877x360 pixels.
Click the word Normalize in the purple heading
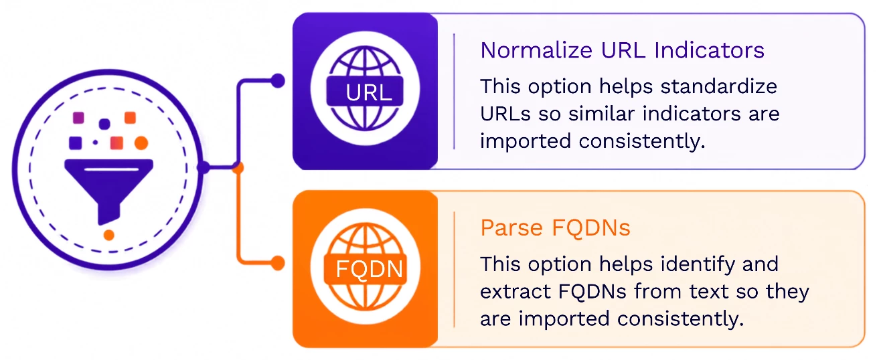pyautogui.click(x=536, y=50)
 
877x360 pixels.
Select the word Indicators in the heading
pyautogui.click(x=710, y=50)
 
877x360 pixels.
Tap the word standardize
pyautogui.click(x=719, y=86)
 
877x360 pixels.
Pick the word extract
pyautogui.click(x=515, y=292)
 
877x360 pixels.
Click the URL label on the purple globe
pyautogui.click(x=368, y=92)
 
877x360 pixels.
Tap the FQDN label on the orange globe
pyautogui.click(x=369, y=269)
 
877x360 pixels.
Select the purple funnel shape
pyautogui.click(x=108, y=191)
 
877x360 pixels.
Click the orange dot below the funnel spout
pyautogui.click(x=109, y=235)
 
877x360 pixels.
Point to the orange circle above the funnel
pyautogui.click(x=141, y=143)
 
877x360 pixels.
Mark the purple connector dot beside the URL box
pyautogui.click(x=278, y=81)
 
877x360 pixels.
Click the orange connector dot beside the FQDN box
pyautogui.click(x=278, y=263)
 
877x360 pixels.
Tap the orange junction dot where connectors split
pyautogui.click(x=238, y=168)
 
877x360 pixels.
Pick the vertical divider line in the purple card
pyautogui.click(x=454, y=91)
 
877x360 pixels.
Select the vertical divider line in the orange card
pyautogui.click(x=454, y=269)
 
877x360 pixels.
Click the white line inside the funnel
pyautogui.click(x=112, y=169)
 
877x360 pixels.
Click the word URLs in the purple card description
pyautogui.click(x=505, y=114)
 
